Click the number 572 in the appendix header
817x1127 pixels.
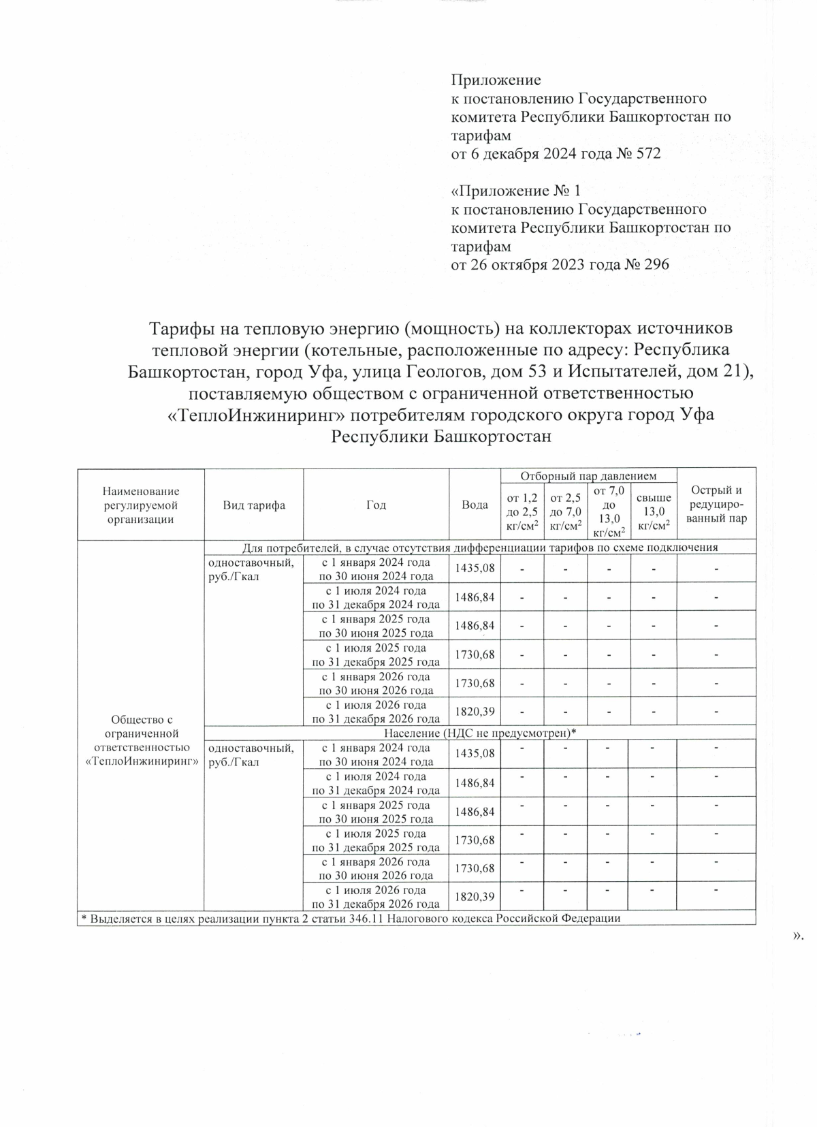click(x=647, y=153)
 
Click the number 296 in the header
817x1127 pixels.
click(x=656, y=264)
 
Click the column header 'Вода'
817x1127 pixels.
click(x=475, y=505)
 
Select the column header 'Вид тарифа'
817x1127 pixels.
click(x=254, y=505)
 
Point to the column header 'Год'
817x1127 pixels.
click(x=376, y=505)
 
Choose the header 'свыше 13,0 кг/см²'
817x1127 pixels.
click(x=653, y=511)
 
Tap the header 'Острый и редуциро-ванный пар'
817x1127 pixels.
click(x=716, y=504)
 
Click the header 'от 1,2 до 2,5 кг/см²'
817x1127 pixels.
click(x=522, y=511)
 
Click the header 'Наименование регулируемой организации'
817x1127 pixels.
click(x=141, y=505)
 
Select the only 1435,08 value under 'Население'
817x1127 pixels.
click(x=475, y=754)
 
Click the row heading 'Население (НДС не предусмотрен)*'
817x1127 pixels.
click(x=480, y=733)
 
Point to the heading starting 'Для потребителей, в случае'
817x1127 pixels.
click(x=480, y=547)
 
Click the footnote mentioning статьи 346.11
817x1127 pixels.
click(x=351, y=919)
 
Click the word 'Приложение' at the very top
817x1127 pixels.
click(x=496, y=80)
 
